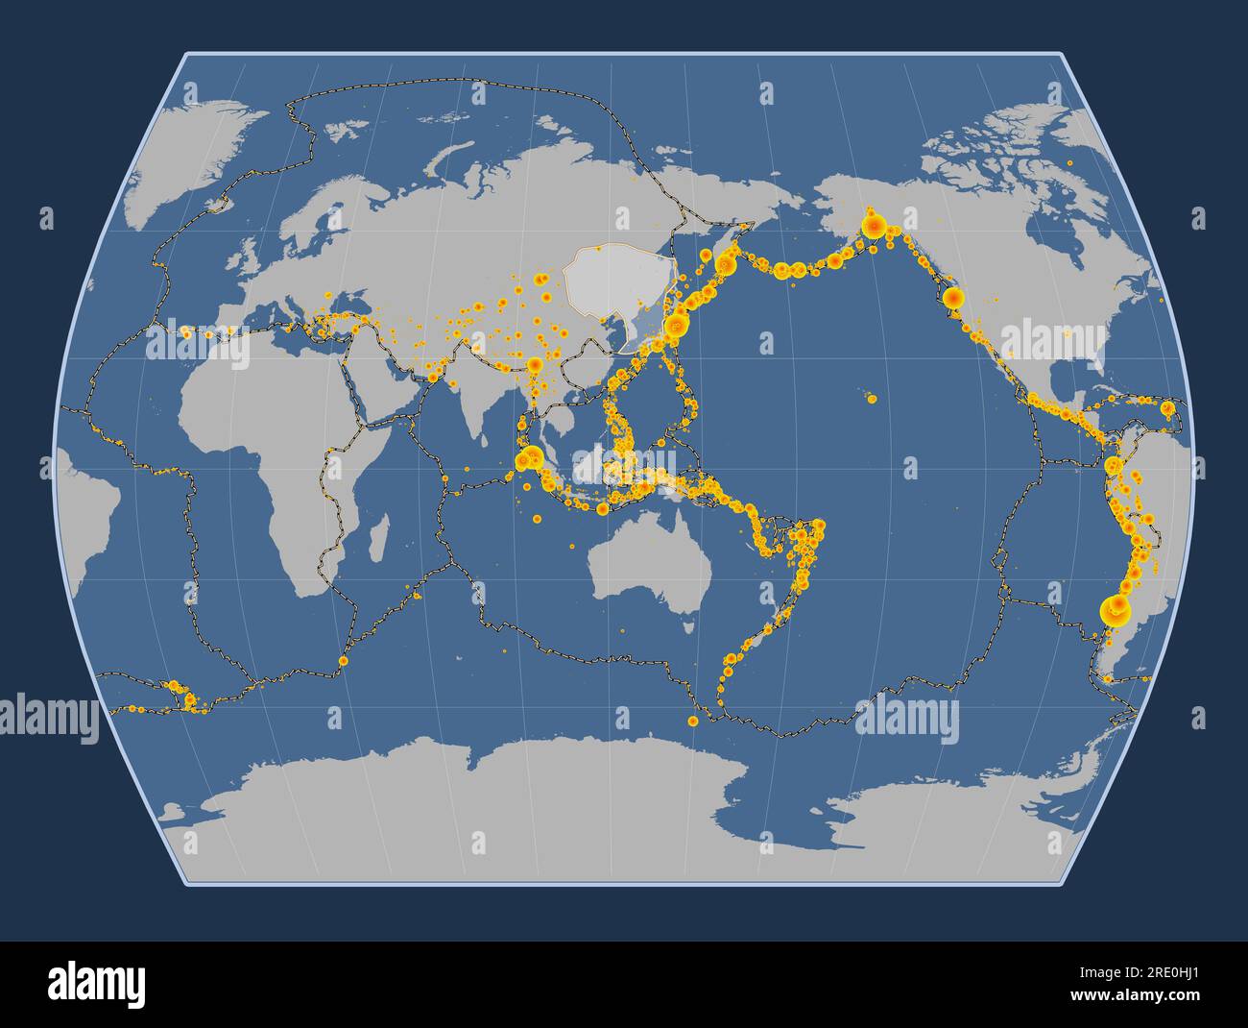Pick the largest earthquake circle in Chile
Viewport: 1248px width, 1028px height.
point(1115,607)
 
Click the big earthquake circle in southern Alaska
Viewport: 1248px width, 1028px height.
point(874,228)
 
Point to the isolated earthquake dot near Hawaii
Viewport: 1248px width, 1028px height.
point(871,399)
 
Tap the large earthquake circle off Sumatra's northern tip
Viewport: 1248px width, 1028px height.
point(525,460)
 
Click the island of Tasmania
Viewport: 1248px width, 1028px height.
point(686,626)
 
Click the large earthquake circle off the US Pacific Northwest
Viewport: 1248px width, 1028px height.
point(952,298)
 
